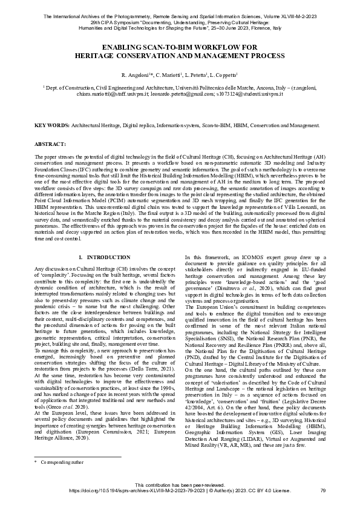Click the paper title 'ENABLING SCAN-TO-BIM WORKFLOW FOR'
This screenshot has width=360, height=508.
tap(180, 47)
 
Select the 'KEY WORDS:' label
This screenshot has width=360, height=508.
tap(51, 125)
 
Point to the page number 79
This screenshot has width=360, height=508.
tap(323, 490)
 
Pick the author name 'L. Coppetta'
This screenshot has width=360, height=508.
tap(223, 74)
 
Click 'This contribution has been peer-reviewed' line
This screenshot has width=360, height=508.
tap(180, 485)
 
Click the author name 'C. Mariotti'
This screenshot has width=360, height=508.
tap(168, 74)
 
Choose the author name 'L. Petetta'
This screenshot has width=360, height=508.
tap(196, 74)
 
